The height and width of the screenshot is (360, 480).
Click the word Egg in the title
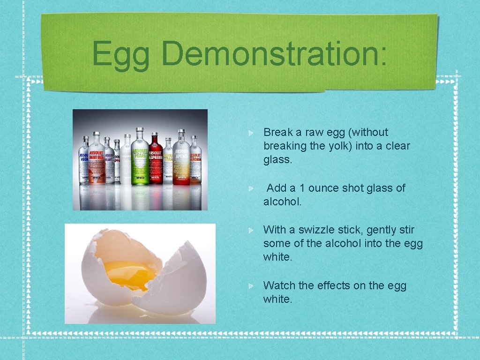pos(121,54)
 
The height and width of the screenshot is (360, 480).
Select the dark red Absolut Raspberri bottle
pos(156,160)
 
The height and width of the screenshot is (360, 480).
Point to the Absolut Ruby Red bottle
pos(97,159)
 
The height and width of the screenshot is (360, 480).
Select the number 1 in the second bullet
pos(302,188)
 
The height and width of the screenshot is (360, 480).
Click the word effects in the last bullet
pos(333,285)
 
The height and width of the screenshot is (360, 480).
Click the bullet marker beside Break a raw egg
pos(252,133)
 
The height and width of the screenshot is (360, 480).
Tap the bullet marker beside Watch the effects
pos(252,286)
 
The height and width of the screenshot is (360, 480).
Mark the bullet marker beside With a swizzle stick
pos(252,230)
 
